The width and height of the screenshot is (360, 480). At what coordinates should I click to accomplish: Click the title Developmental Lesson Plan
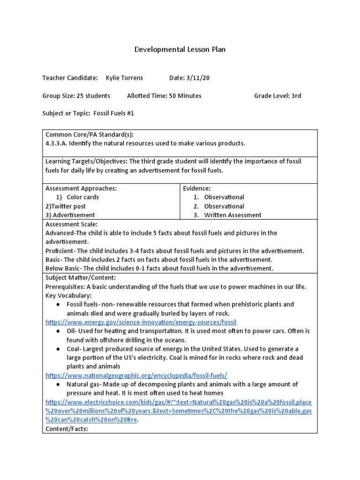coord(180,49)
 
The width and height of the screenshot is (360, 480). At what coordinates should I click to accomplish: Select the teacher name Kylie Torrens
coord(124,78)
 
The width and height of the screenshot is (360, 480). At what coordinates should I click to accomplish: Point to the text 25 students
coord(93,96)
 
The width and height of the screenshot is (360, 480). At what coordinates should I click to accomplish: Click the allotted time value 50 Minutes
coord(185,96)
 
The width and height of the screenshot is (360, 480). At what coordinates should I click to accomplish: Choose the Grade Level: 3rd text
coord(277,96)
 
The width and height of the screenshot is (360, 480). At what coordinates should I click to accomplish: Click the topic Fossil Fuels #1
coord(114,113)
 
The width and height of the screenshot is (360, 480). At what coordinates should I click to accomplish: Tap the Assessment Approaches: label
coord(81,188)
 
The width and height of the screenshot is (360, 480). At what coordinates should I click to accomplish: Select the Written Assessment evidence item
coord(233,215)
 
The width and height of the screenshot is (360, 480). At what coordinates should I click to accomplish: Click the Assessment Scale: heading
coord(71,224)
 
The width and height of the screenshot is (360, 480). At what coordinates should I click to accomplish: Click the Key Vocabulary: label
coord(68,295)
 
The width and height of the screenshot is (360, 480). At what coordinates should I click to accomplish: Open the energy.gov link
coord(141,322)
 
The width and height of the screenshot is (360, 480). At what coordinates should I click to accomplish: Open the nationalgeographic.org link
coord(136,375)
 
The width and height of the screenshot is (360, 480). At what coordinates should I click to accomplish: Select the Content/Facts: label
coord(67,429)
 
